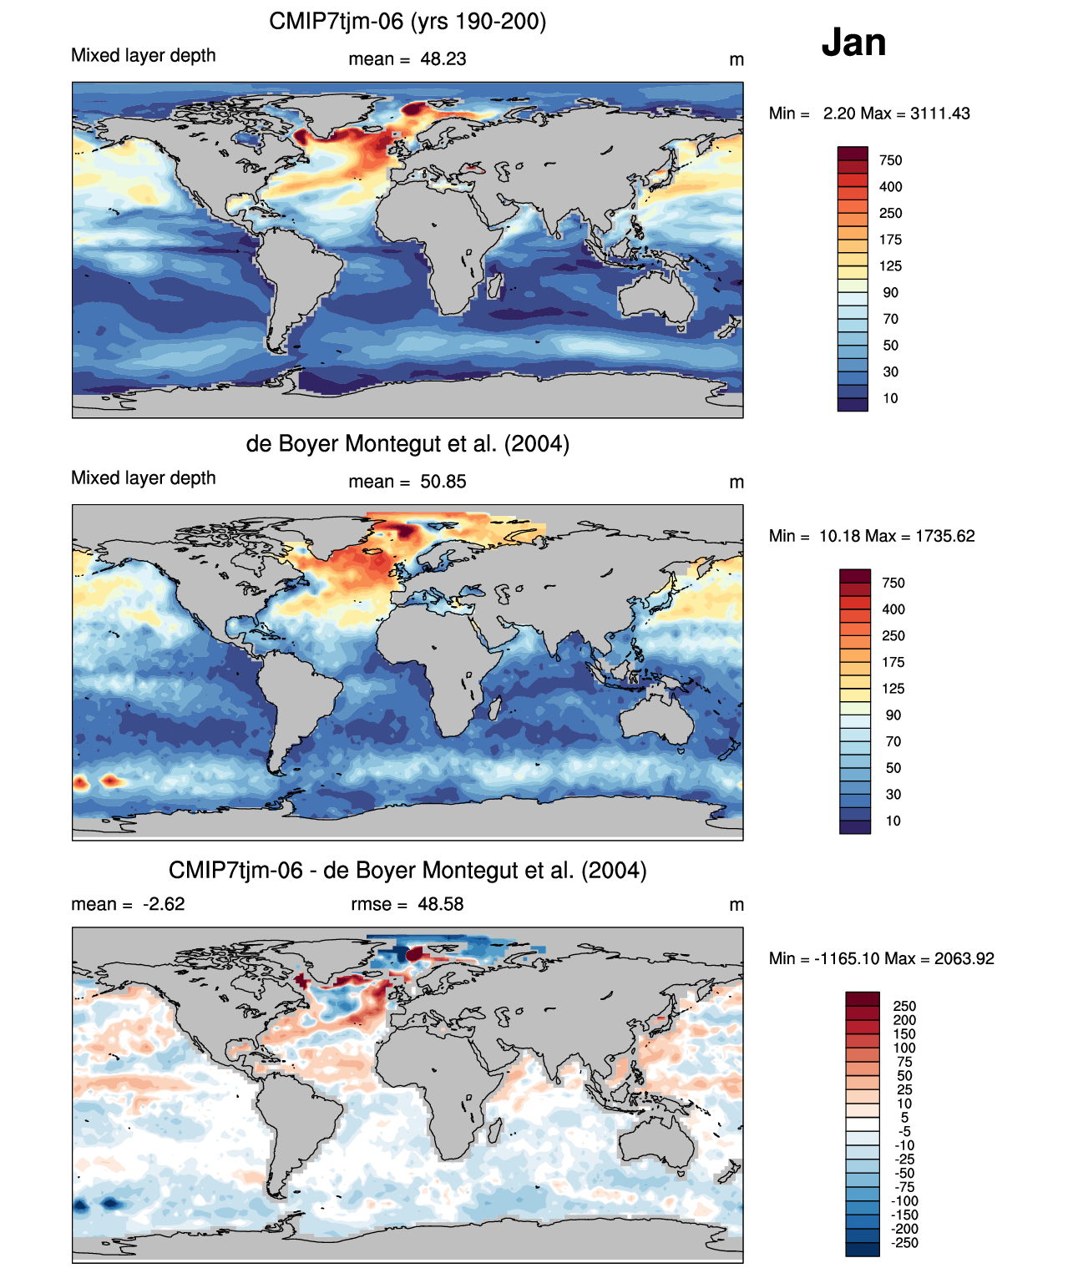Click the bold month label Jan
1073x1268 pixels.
click(x=853, y=42)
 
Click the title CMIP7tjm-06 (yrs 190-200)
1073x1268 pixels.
click(x=407, y=21)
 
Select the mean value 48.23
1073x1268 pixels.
click(x=443, y=59)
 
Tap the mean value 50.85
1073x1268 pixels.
click(x=443, y=482)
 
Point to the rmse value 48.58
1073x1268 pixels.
click(x=440, y=904)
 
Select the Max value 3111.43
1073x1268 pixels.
click(x=939, y=114)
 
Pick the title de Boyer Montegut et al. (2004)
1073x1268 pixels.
click(x=407, y=443)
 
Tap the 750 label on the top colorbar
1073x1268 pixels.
click(x=890, y=160)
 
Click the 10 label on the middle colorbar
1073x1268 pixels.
click(x=893, y=821)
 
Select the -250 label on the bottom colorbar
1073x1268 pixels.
click(x=904, y=1243)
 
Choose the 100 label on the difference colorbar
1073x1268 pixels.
click(x=904, y=1048)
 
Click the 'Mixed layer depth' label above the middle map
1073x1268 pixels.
click(x=144, y=477)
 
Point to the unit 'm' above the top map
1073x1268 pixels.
click(x=736, y=59)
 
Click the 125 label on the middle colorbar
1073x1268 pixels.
click(x=893, y=689)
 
